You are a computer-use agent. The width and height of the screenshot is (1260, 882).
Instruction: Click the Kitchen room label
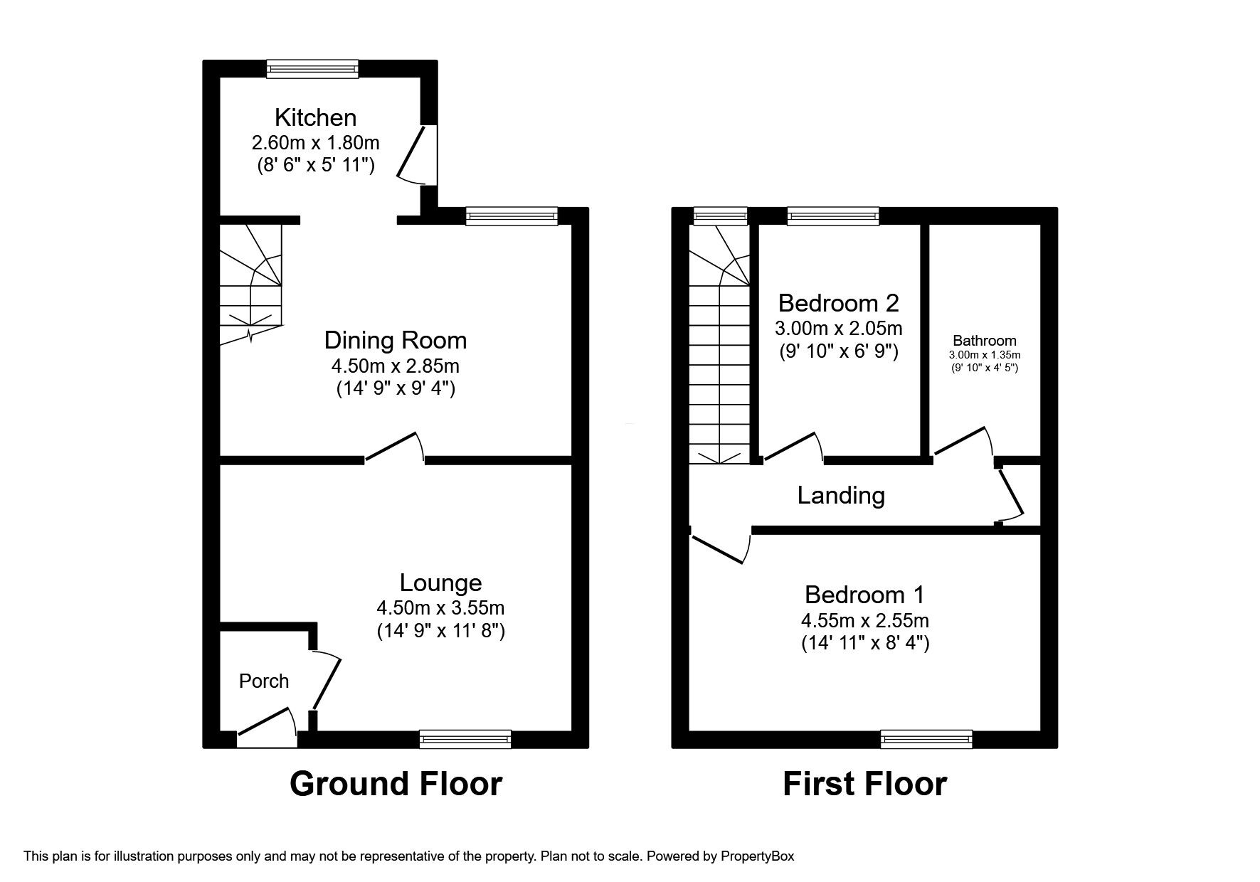(x=315, y=117)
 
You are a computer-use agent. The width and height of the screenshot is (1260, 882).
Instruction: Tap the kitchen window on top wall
(x=312, y=68)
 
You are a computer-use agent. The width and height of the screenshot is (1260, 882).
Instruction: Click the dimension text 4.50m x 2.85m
(x=395, y=367)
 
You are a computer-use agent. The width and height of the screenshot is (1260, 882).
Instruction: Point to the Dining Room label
(x=396, y=340)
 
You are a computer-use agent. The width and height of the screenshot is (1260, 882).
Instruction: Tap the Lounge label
(x=440, y=583)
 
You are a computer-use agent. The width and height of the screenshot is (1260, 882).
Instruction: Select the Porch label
(x=264, y=681)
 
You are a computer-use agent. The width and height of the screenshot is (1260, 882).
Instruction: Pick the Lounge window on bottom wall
(x=465, y=740)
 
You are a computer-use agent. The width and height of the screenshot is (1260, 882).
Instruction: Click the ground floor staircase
(x=250, y=285)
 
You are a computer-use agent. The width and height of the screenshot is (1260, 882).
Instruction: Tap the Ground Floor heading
(x=396, y=784)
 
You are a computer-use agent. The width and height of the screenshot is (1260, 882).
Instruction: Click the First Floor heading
(x=864, y=784)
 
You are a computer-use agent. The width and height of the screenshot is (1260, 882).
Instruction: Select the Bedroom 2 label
(x=838, y=303)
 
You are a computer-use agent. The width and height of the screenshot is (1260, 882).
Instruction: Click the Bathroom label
(x=985, y=341)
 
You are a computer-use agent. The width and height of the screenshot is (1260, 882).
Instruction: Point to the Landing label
(x=841, y=495)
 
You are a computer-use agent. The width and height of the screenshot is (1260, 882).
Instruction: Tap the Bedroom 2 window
(x=833, y=216)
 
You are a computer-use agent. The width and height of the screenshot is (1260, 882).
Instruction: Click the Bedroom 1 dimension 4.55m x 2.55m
(x=864, y=620)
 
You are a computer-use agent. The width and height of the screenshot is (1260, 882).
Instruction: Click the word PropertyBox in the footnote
(x=757, y=856)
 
